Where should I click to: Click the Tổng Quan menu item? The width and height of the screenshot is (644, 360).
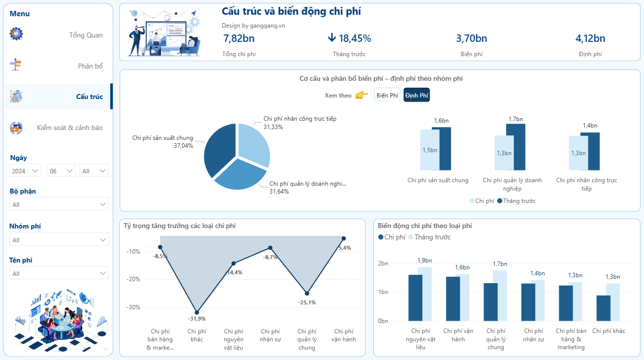(86, 35)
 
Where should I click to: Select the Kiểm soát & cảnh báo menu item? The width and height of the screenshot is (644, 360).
(69, 128)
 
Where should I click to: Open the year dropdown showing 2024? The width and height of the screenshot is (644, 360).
(26, 171)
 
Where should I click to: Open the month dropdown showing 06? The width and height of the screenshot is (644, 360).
(61, 171)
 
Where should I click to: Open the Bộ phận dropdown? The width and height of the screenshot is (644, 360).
(59, 204)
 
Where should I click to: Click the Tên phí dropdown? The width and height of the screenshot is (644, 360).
(59, 273)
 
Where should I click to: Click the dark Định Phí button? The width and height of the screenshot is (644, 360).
(417, 95)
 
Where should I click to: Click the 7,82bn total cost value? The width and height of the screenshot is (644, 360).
(239, 38)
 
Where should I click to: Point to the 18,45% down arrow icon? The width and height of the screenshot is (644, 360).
(332, 38)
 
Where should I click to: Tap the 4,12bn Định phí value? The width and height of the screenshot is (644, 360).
(590, 38)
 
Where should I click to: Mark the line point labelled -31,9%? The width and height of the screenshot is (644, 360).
(197, 312)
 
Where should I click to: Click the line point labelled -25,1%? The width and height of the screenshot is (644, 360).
(307, 294)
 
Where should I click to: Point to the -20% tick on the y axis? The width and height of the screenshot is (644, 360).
(133, 279)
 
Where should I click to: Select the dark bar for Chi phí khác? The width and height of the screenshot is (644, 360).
(603, 308)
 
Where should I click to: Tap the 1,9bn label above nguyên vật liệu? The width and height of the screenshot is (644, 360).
(424, 261)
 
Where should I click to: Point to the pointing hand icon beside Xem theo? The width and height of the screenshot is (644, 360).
(361, 95)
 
